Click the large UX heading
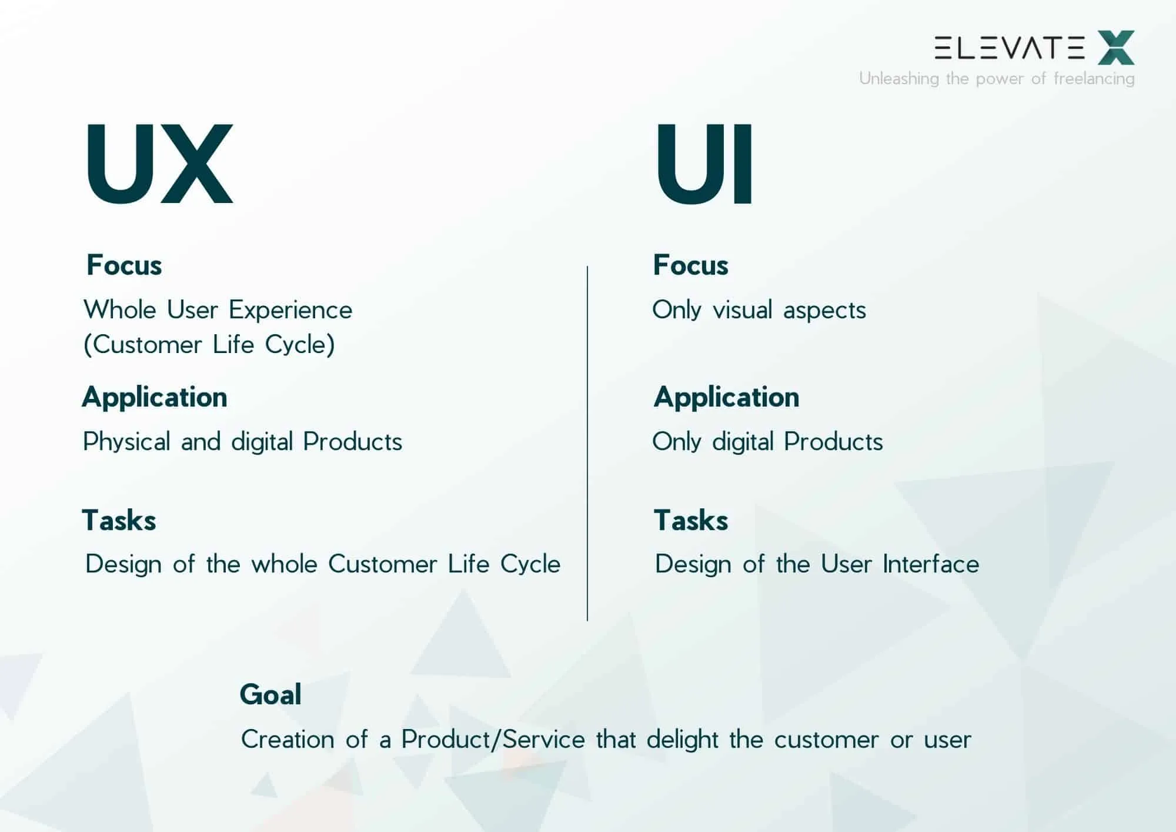[159, 164]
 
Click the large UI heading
[704, 164]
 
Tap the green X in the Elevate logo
[1115, 48]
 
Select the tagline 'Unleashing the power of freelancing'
[996, 78]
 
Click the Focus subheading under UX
[124, 265]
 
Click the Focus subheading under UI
[690, 265]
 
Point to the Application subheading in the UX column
[155, 397]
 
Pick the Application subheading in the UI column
[726, 397]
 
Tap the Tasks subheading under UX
[119, 520]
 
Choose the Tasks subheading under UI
[691, 520]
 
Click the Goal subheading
[270, 694]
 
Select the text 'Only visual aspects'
[759, 310]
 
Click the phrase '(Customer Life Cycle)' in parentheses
[209, 345]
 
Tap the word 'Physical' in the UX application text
[126, 442]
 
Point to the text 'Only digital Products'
[767, 442]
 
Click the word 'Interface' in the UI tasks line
[931, 564]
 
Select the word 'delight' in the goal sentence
[682, 740]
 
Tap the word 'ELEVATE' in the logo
[1009, 48]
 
